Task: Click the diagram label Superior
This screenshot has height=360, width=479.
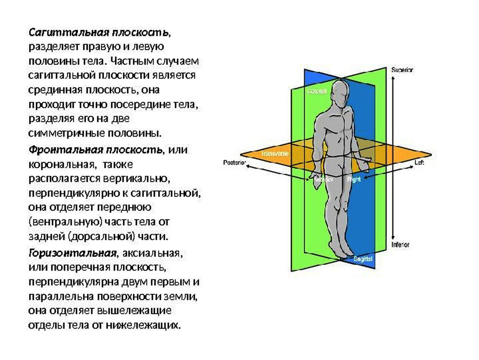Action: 402,70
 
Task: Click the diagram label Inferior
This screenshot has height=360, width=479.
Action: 400,245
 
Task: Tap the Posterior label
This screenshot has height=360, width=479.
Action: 234,163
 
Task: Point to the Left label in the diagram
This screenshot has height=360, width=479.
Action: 419,163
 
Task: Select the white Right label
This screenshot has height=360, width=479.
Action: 354,179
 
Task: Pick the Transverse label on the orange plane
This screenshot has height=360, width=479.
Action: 275,153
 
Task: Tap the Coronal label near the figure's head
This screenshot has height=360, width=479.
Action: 317,91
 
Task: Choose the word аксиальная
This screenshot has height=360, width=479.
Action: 153,253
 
